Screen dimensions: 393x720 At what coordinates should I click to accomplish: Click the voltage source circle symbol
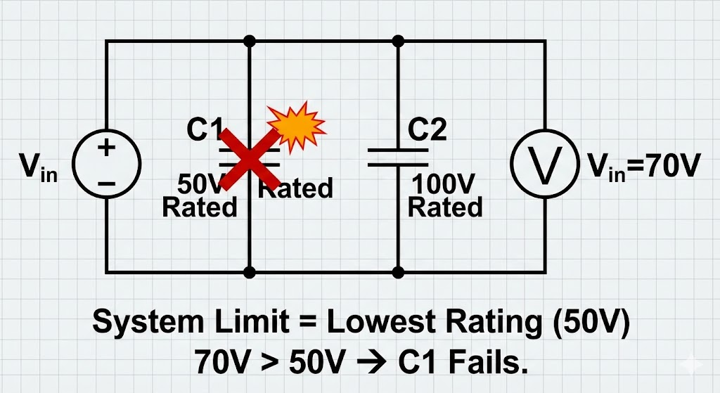pos(107,166)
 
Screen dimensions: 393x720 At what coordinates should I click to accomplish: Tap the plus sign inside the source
pos(107,149)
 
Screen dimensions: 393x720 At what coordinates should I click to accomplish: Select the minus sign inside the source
pos(107,183)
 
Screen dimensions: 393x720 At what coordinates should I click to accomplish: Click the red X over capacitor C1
pos(246,156)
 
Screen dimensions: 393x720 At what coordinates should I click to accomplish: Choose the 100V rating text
pos(445,186)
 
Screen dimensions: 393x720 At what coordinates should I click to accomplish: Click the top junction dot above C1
pos(249,41)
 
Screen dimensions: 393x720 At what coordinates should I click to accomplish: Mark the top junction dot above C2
pos(398,41)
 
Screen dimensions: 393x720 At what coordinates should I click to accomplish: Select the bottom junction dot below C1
pos(249,271)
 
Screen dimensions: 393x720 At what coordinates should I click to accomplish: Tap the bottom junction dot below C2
pos(398,271)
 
